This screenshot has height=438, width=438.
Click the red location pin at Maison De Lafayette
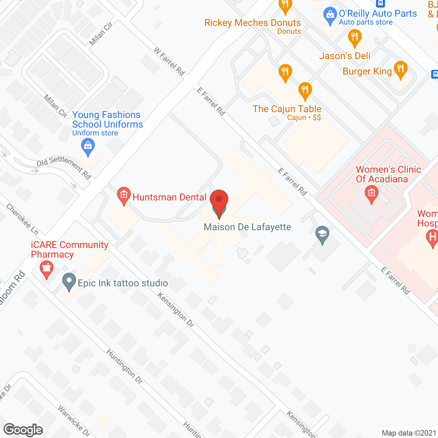pos(219,200)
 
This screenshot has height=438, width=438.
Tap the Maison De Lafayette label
pos(247,227)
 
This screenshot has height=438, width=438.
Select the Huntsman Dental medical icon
pos(124,195)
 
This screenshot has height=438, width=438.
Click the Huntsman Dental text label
pos(169,197)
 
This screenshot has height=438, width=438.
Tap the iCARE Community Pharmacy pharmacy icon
pos(47,269)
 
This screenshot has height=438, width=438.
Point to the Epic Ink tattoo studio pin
pos(69,281)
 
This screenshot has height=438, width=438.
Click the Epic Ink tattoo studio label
pos(123,283)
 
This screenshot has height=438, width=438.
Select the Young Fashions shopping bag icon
pos(88,146)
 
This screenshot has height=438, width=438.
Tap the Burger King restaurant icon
pos(400,69)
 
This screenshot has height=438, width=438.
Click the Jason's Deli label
pos(345,56)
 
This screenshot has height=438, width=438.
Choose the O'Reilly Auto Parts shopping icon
pos(330,15)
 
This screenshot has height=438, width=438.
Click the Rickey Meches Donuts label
pos(253,23)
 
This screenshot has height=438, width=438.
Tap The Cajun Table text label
pos(287,109)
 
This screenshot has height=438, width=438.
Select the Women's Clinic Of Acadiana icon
pos(372,194)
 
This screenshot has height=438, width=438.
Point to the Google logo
pos(23,430)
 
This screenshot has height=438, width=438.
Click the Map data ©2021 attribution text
pos(409,433)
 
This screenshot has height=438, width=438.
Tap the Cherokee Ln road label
pos(22,219)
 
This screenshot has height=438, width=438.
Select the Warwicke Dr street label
pos(74,421)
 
